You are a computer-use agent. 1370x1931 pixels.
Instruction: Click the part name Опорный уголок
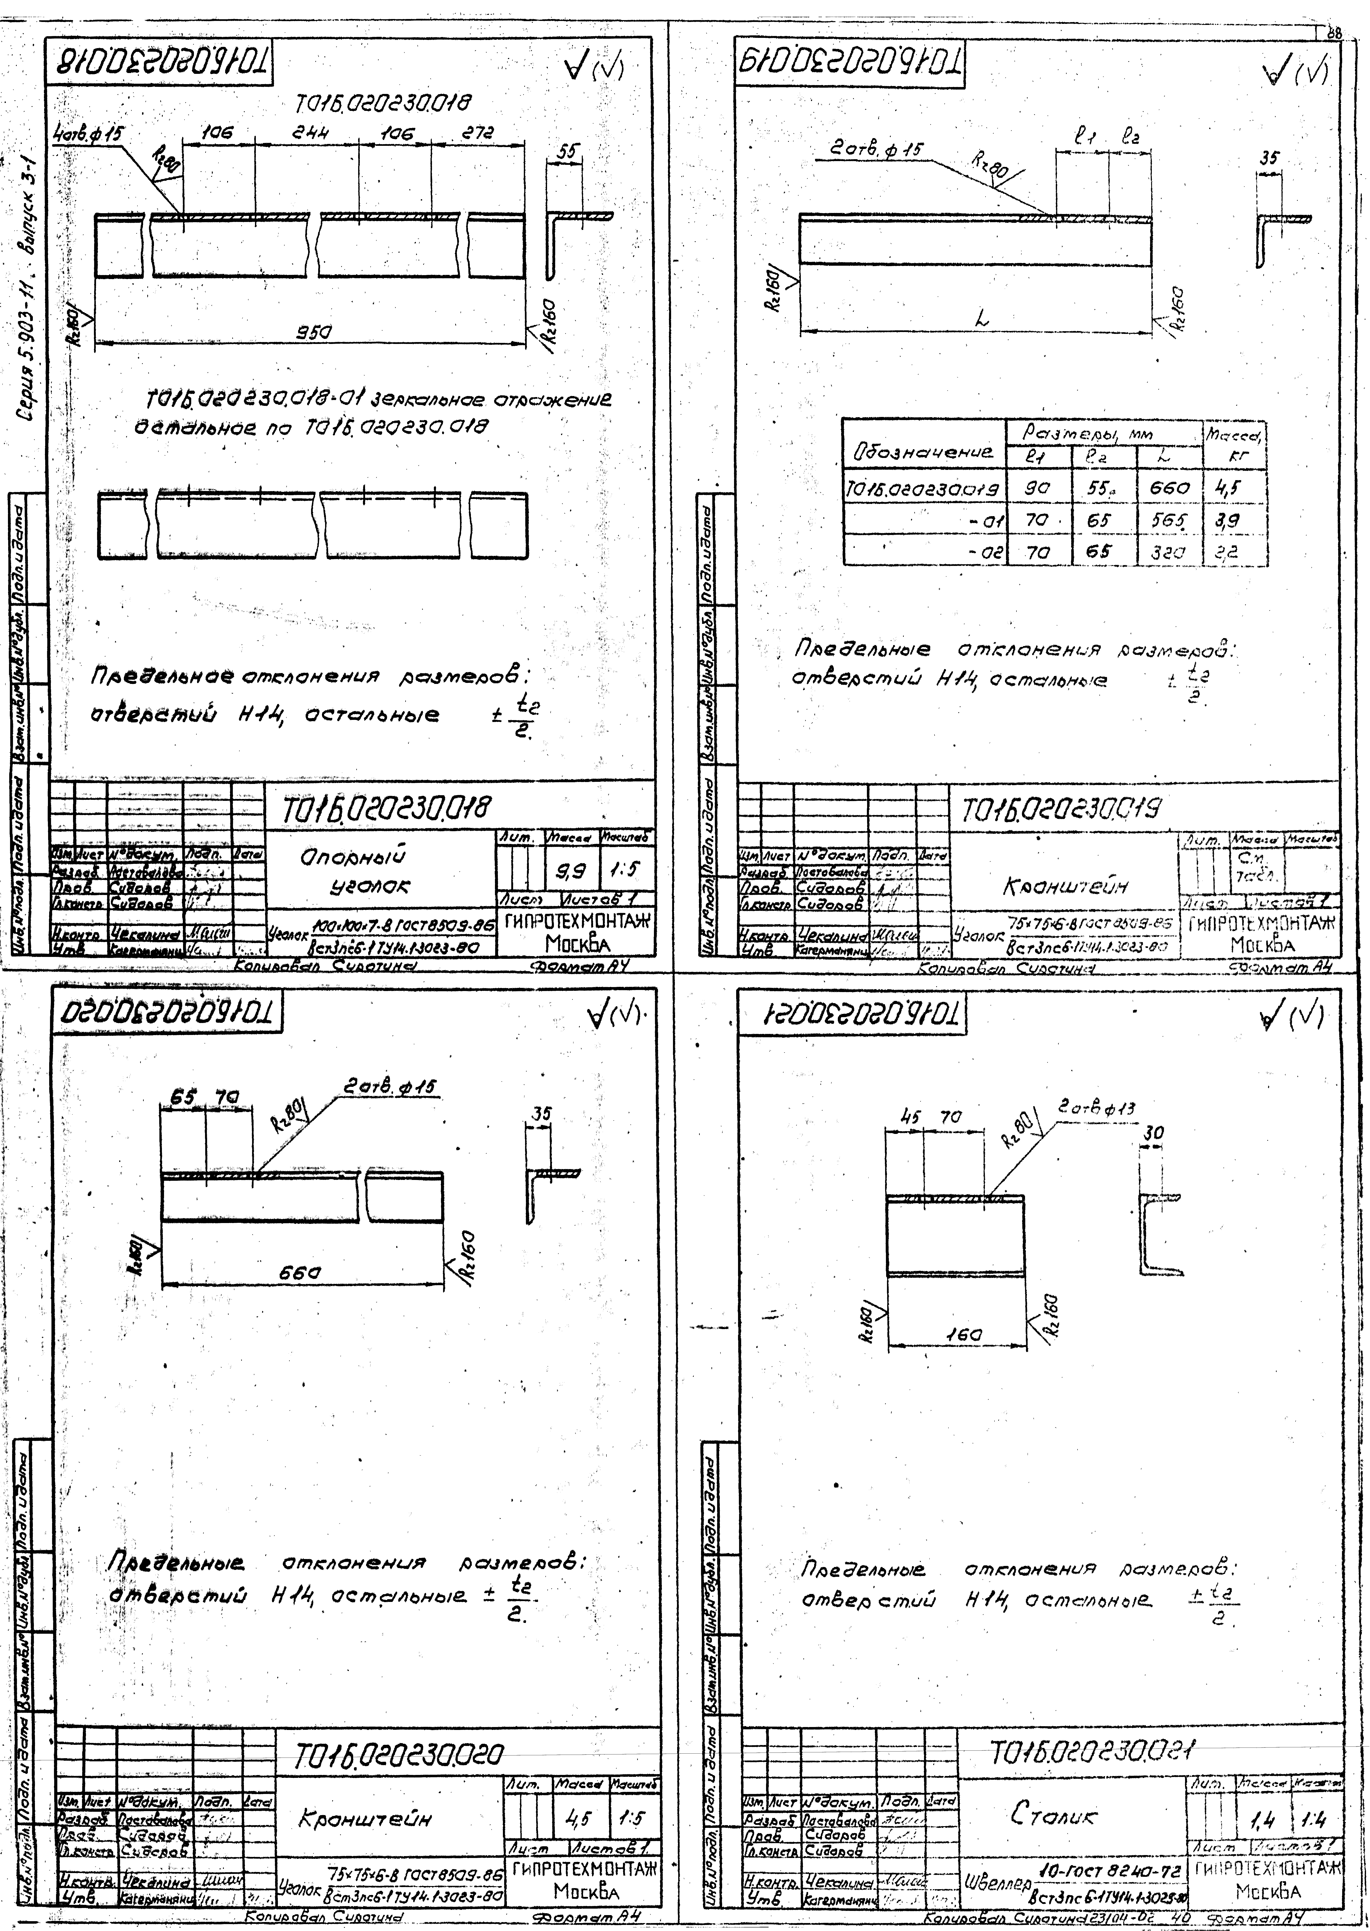click(354, 871)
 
